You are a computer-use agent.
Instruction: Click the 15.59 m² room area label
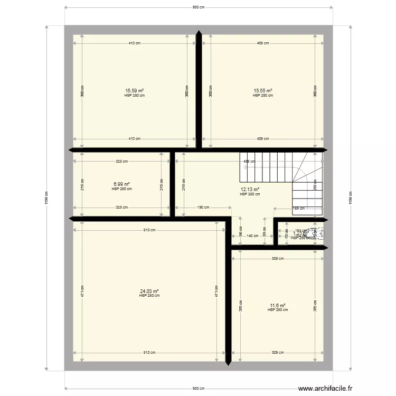(134, 91)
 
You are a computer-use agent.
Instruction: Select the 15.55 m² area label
(263, 91)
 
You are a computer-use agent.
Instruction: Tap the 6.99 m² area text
(121, 184)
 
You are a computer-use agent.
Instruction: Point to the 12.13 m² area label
(250, 190)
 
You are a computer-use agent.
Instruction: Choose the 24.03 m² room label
(149, 291)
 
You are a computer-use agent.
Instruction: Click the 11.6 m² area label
(278, 305)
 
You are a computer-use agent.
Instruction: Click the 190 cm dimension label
(203, 208)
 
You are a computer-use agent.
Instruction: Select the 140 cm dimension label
(252, 236)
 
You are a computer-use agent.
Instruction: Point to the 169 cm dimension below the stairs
(299, 208)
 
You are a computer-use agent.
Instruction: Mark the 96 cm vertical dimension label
(240, 231)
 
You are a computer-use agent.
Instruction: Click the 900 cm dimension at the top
(198, 7)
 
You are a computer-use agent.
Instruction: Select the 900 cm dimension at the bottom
(198, 388)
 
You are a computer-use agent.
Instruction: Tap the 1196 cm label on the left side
(47, 197)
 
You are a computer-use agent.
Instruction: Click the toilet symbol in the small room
(320, 233)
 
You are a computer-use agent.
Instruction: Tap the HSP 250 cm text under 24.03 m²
(149, 296)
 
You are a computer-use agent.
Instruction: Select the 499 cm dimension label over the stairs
(249, 162)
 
